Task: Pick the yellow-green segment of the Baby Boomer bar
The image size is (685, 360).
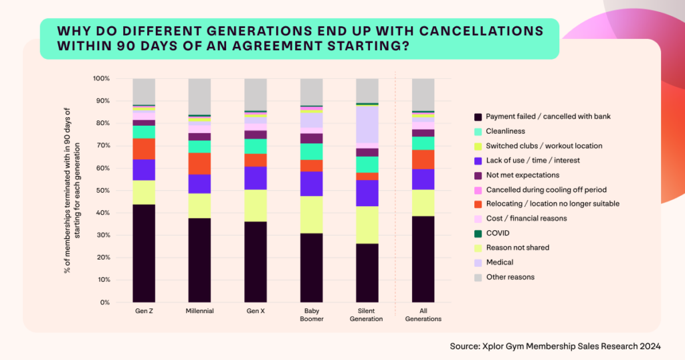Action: [311, 214]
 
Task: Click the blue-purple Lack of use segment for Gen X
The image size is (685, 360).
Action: [256, 178]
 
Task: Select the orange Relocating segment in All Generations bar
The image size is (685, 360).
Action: [423, 159]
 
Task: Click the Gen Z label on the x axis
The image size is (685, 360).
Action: [144, 311]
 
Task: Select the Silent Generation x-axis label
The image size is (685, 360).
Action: [367, 314]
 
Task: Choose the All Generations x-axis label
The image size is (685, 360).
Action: [423, 314]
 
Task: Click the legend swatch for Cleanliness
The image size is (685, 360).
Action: [477, 131]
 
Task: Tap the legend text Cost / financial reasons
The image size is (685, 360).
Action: [526, 218]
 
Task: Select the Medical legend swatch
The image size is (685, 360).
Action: [477, 262]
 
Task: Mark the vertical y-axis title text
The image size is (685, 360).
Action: [72, 191]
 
